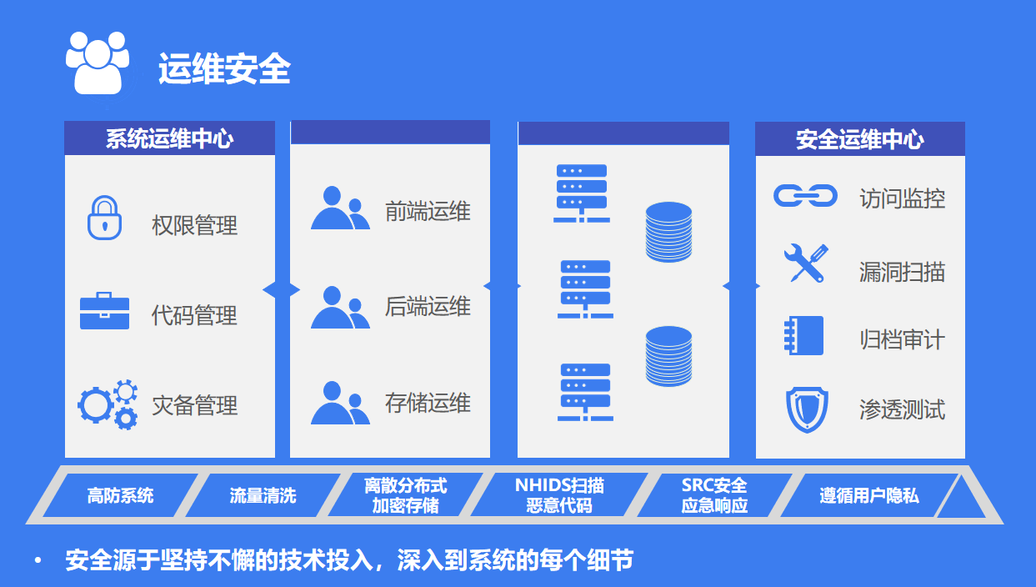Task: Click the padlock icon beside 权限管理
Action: click(104, 218)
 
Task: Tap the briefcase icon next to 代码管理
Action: click(104, 311)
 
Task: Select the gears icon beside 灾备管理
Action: click(108, 404)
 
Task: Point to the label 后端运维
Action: click(428, 307)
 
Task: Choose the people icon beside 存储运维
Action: click(340, 403)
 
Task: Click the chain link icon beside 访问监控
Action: click(805, 196)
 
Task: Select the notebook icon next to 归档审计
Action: click(803, 335)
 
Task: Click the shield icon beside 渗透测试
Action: click(807, 410)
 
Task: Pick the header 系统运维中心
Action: click(170, 138)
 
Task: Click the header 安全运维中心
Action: click(860, 139)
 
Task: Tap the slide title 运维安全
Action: click(224, 69)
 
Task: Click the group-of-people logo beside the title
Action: click(98, 63)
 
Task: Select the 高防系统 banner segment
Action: click(120, 495)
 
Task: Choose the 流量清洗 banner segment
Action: click(263, 495)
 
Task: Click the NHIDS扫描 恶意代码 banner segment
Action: click(558, 495)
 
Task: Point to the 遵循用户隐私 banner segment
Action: click(868, 495)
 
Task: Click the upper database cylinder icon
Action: click(668, 232)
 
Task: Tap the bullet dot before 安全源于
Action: click(38, 560)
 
